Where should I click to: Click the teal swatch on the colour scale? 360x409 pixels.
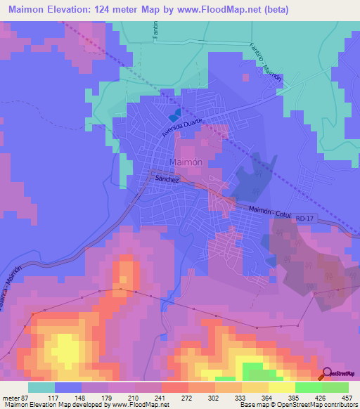pyautogui.click(x=41, y=387)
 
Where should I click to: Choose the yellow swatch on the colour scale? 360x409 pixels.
pyautogui.click(x=281, y=387)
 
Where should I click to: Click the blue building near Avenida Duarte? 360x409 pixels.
pyautogui.click(x=175, y=112)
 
